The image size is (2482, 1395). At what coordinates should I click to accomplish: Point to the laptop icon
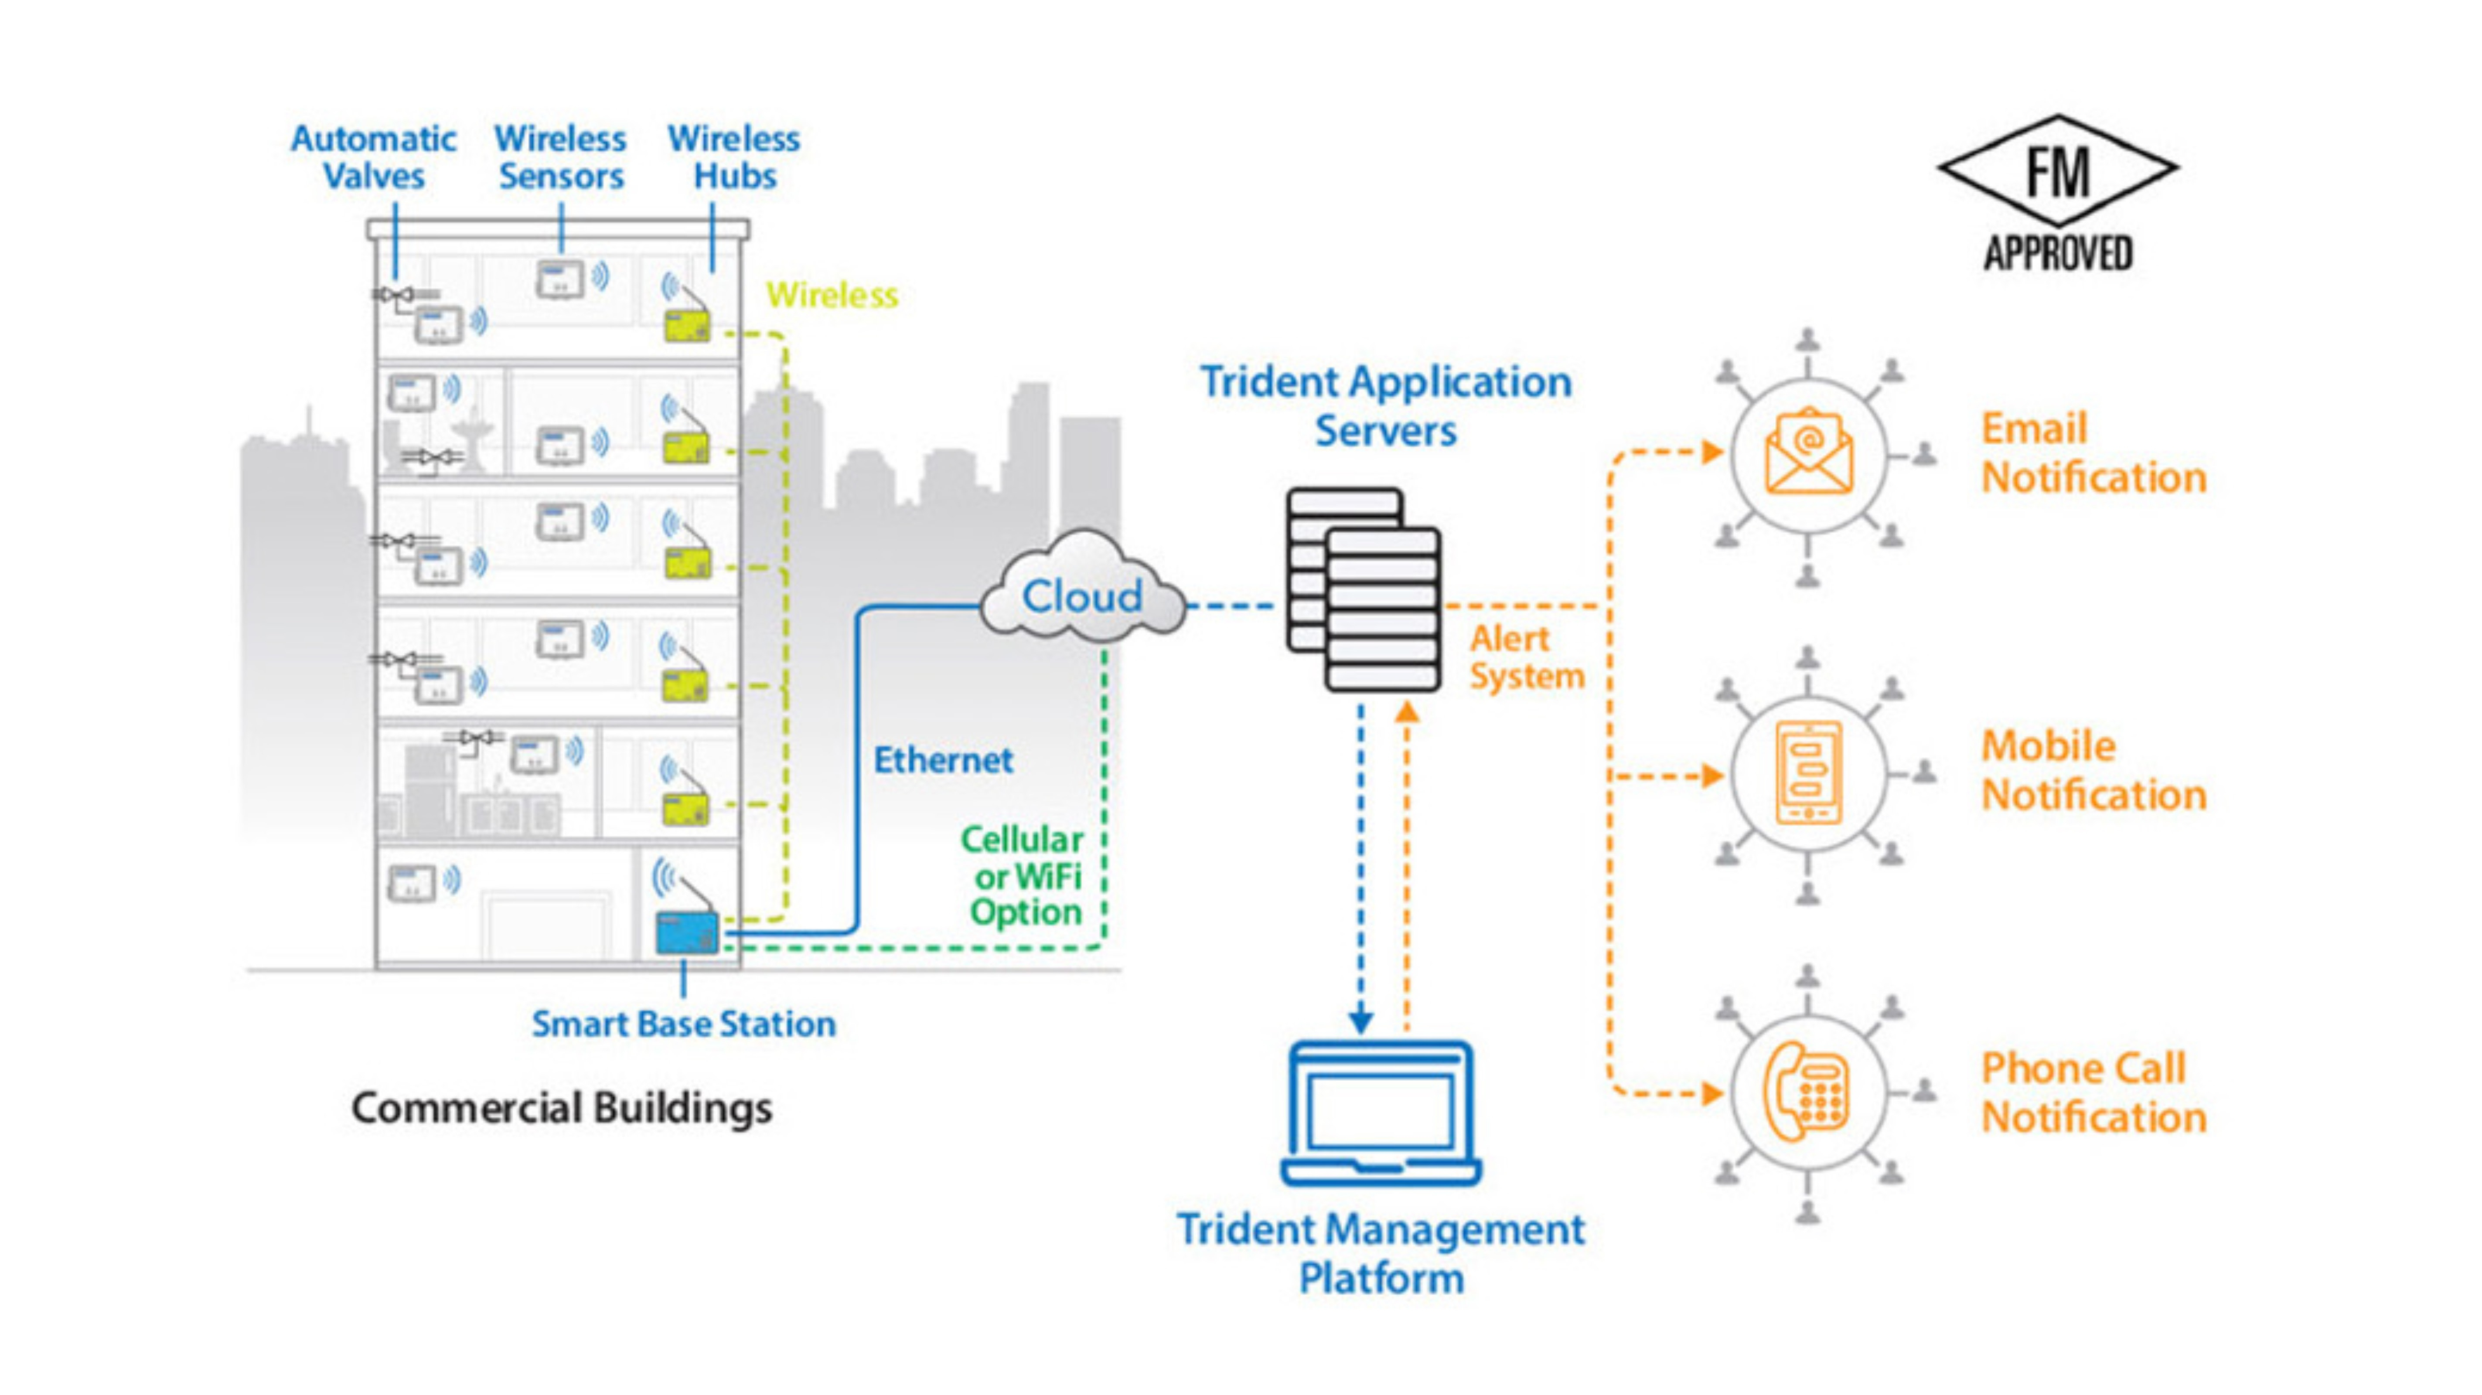click(1381, 1113)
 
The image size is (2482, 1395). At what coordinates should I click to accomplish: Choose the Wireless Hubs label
click(734, 157)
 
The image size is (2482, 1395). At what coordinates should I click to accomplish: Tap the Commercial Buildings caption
click(562, 1108)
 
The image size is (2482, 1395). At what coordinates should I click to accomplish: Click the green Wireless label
click(832, 295)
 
